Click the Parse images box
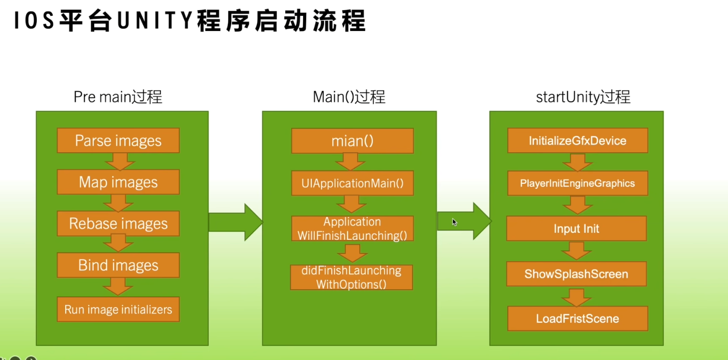tap(118, 141)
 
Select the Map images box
tap(118, 182)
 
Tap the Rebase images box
tap(118, 224)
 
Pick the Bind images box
tap(118, 265)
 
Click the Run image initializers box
tap(118, 309)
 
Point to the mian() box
tap(353, 141)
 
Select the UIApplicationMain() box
tap(353, 183)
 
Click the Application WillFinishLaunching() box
tap(353, 229)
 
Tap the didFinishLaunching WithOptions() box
tap(352, 277)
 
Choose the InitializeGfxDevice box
tap(578, 141)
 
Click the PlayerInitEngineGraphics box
tap(578, 183)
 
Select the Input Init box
tap(577, 229)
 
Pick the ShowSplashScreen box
tap(577, 274)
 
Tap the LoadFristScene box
tap(578, 318)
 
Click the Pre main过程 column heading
tap(118, 97)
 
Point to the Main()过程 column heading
tap(349, 97)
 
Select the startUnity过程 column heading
tap(583, 97)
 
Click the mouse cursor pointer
tap(454, 222)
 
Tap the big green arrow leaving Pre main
tap(236, 222)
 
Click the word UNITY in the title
tap(155, 20)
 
